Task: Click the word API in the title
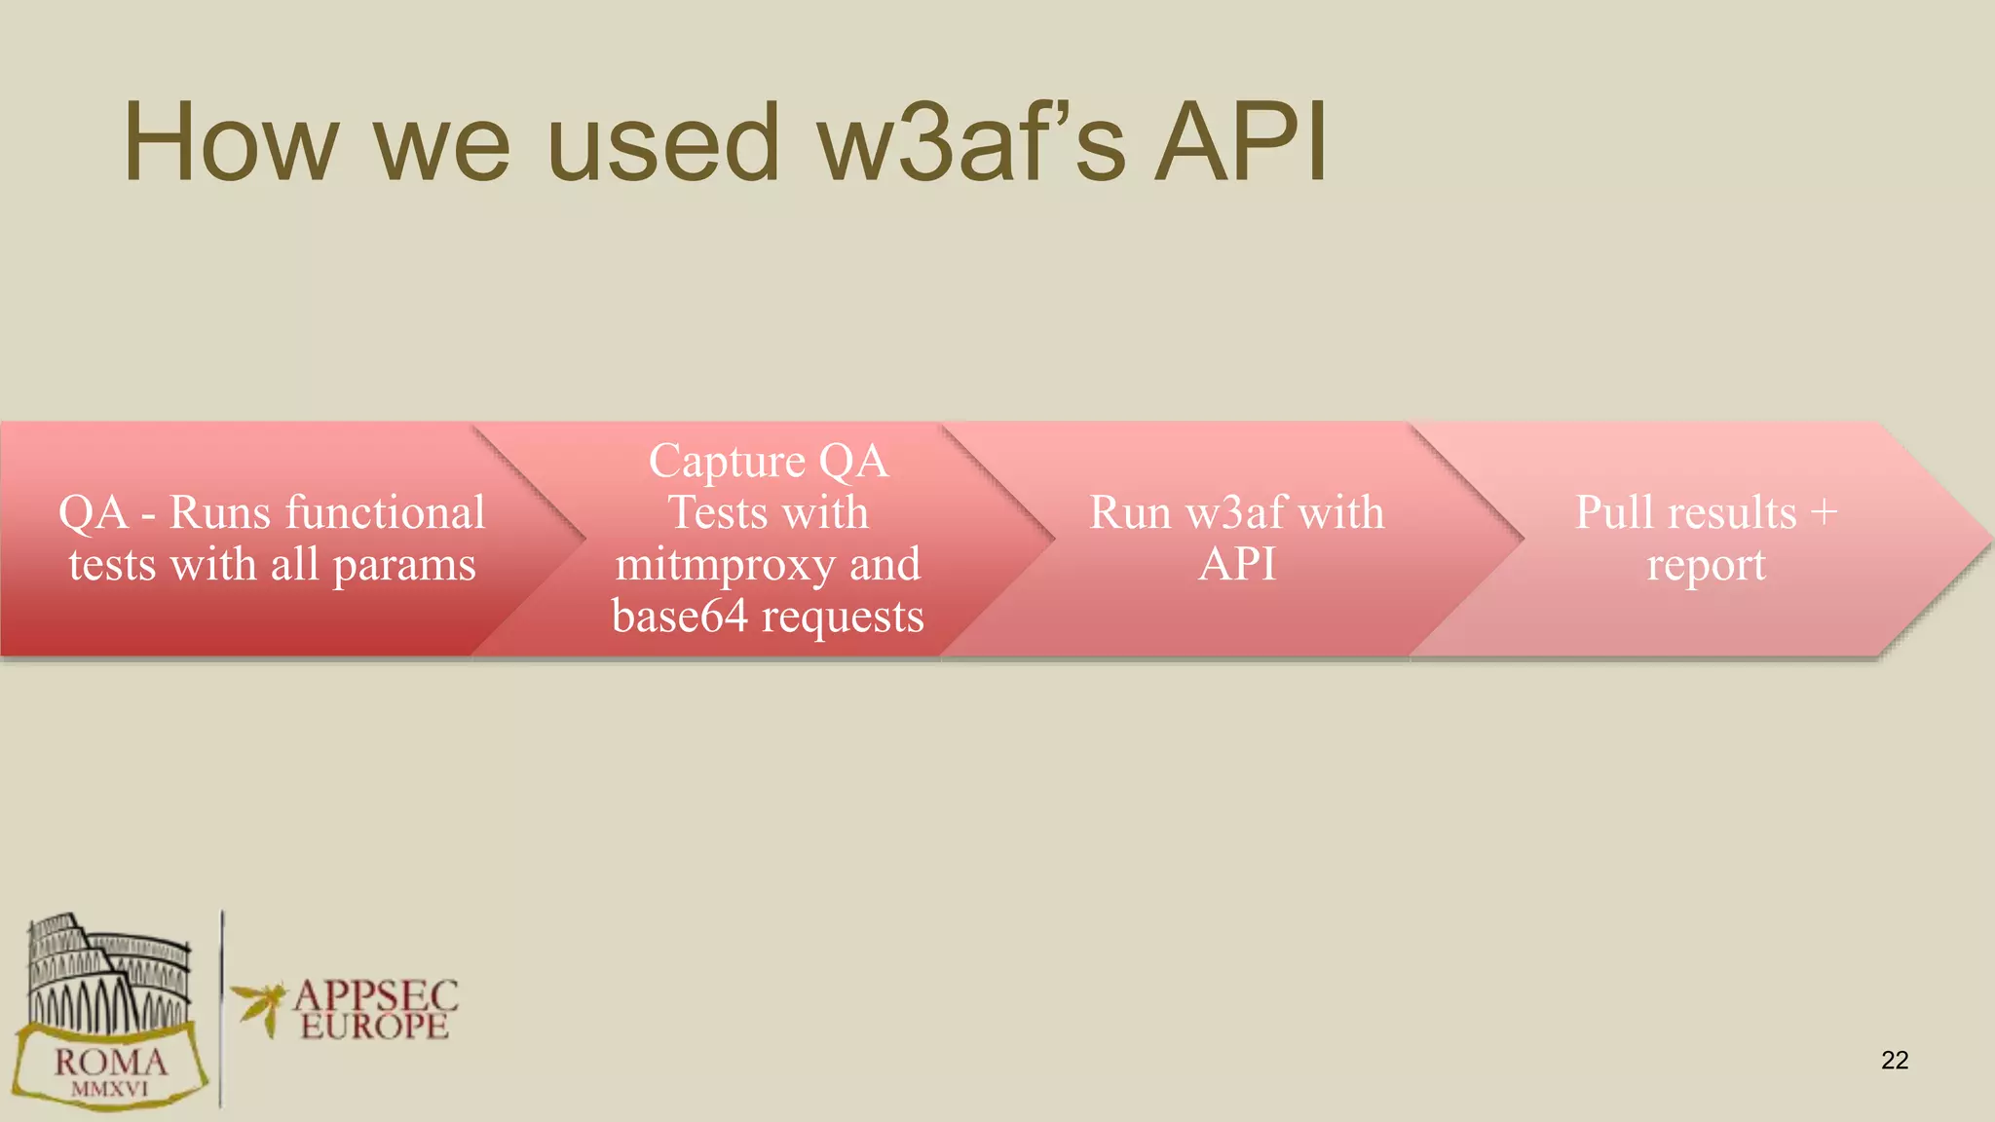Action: [x=1240, y=144]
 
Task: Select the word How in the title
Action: [x=230, y=144]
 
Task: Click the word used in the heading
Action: [x=663, y=144]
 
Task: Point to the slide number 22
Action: [x=1895, y=1060]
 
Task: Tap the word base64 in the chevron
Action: [x=679, y=617]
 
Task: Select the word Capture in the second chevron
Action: [x=727, y=462]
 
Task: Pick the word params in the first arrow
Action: [x=404, y=566]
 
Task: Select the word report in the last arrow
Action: [x=1706, y=566]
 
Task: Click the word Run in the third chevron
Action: [x=1129, y=513]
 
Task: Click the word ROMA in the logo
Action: [x=111, y=1062]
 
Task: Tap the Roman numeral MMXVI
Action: [x=110, y=1090]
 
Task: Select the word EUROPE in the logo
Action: [x=374, y=1027]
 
